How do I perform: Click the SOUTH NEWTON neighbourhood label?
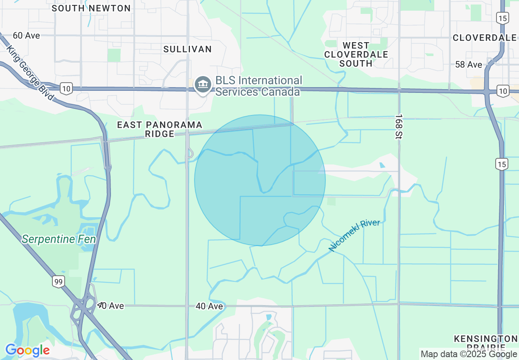pos(91,8)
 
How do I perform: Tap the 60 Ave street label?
pos(27,36)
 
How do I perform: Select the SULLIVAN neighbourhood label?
pos(187,49)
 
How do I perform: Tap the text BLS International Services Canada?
pos(258,86)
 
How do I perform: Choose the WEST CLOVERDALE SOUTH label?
pos(356,54)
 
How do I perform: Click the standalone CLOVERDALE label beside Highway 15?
pos(485,38)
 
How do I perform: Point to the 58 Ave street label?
pos(469,65)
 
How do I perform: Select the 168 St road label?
pos(399,126)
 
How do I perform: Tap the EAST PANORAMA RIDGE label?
pos(160,129)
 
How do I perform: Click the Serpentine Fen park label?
pos(59,239)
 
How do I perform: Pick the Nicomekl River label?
pos(354,235)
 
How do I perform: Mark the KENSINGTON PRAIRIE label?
pos(485,343)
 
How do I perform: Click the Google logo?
pos(27,350)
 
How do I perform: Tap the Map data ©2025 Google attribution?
pos(469,354)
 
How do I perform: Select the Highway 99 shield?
pos(59,281)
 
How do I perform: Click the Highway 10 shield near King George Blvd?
pos(66,88)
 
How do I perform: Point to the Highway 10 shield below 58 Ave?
pos(502,91)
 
